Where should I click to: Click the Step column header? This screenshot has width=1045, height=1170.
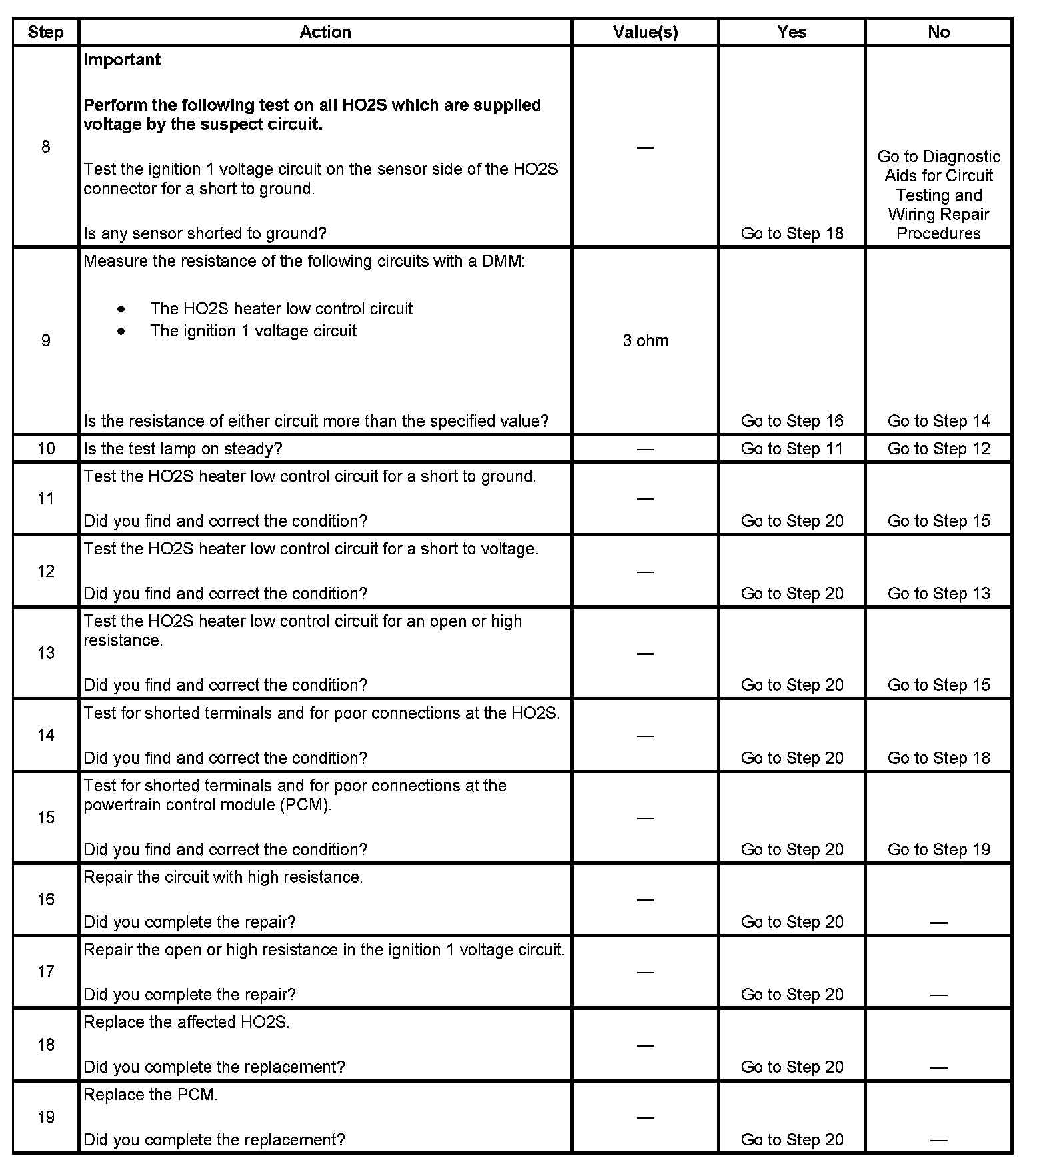(45, 32)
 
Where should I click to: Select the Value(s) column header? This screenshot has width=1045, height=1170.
(645, 32)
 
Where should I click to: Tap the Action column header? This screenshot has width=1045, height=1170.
(325, 32)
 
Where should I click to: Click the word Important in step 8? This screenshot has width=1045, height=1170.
(122, 60)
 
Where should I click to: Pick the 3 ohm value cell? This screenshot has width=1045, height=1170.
(645, 340)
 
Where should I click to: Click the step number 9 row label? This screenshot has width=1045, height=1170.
(45, 340)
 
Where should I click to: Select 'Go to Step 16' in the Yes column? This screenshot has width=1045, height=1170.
(792, 421)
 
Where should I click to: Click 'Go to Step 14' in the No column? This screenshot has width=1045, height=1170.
(938, 421)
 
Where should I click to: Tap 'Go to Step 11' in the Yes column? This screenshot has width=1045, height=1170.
(792, 449)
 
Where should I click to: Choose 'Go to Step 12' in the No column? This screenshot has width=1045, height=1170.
(938, 449)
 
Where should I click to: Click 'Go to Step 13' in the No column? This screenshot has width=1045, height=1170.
(938, 594)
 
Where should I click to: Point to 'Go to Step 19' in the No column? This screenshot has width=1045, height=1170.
(938, 850)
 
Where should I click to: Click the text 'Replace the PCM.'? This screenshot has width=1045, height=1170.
(151, 1095)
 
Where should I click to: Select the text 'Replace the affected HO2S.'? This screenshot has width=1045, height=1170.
(187, 1022)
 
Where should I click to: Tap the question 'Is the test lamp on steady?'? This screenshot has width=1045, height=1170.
(183, 449)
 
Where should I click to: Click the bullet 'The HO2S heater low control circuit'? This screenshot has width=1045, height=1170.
(281, 309)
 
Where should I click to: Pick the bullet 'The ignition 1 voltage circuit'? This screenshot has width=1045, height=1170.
(253, 331)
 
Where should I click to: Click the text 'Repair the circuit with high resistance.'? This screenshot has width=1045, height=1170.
(223, 877)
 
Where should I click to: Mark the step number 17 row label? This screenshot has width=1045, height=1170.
(45, 972)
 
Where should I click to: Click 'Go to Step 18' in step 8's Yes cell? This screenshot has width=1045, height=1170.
(792, 233)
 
